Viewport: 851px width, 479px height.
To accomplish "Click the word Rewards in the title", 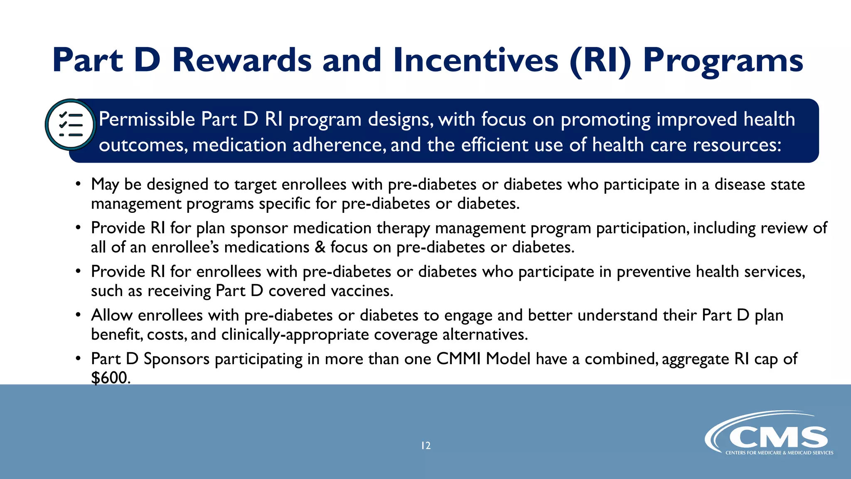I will tap(241, 61).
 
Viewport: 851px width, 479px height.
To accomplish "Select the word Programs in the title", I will tap(723, 61).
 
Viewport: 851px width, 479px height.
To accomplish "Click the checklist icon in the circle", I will tap(71, 124).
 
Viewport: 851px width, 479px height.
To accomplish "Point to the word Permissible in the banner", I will tap(147, 119).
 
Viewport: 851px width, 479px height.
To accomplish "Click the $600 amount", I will tap(110, 378).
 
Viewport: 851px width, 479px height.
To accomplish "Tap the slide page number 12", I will tap(425, 446).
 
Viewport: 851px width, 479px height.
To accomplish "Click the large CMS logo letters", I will tap(777, 438).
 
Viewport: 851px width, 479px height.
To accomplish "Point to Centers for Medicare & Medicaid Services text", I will tap(779, 453).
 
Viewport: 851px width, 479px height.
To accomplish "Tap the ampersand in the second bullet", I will tap(320, 247).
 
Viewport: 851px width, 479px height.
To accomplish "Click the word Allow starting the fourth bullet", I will tap(112, 315).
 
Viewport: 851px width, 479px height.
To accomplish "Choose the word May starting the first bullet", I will tap(105, 185).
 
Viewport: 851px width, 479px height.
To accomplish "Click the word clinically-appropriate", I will tap(295, 335).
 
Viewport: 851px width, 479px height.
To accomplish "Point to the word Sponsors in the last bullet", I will tap(177, 359).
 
